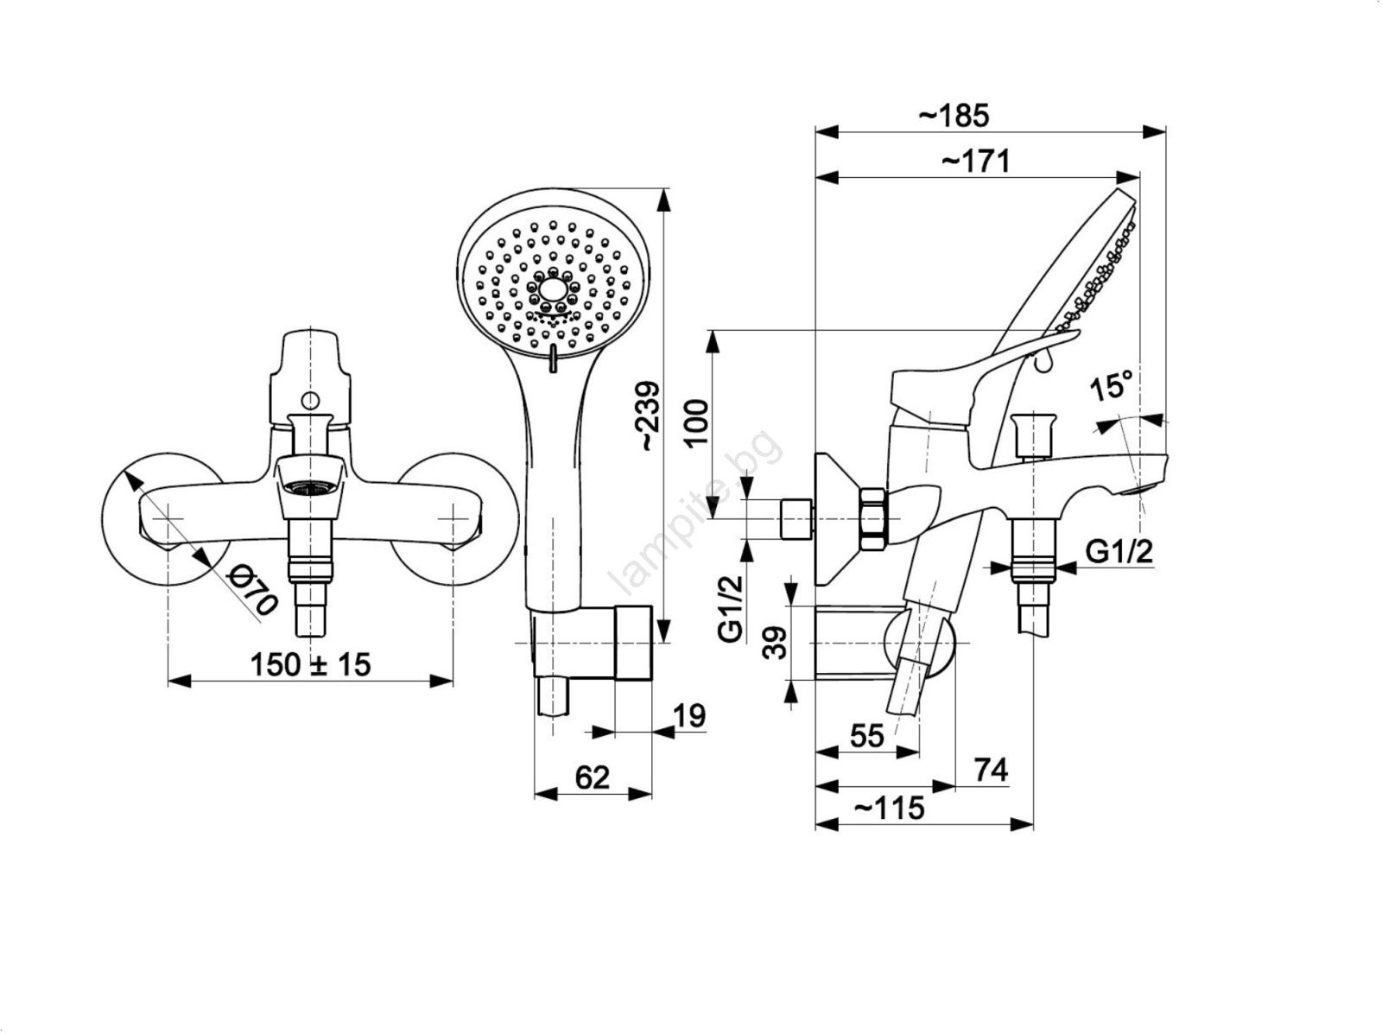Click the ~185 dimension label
coord(954,116)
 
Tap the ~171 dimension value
coord(975,162)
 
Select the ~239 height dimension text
coord(650,416)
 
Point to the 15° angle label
coord(1112,384)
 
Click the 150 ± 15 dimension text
coord(310,665)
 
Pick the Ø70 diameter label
coord(252,590)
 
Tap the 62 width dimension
coord(592,777)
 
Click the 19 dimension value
coord(689,716)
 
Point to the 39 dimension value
coord(775,643)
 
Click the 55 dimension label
coord(867,736)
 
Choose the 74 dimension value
coord(991,770)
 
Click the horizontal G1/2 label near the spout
coord(1119,552)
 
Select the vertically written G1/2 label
coord(732,608)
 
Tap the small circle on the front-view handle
coord(311,400)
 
